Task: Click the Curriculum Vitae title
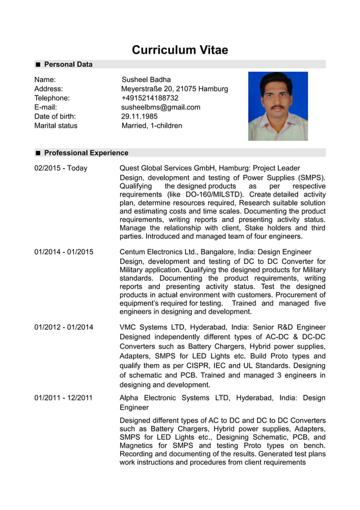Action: click(180, 50)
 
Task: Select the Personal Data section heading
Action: click(68, 64)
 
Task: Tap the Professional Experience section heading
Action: click(86, 152)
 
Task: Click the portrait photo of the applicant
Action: click(278, 106)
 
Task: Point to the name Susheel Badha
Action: click(146, 80)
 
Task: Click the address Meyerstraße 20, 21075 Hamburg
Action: click(175, 89)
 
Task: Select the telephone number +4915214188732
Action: click(150, 98)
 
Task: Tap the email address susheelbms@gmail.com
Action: click(161, 107)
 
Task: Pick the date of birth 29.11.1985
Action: click(139, 116)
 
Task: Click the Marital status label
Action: click(56, 125)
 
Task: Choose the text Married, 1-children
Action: click(152, 125)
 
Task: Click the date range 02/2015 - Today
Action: click(61, 168)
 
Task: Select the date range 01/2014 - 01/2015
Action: click(64, 252)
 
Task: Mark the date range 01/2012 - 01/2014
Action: click(64, 327)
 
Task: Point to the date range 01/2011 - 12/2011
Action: click(63, 398)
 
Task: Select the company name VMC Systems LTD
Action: click(152, 327)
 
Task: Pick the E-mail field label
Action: click(46, 107)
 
